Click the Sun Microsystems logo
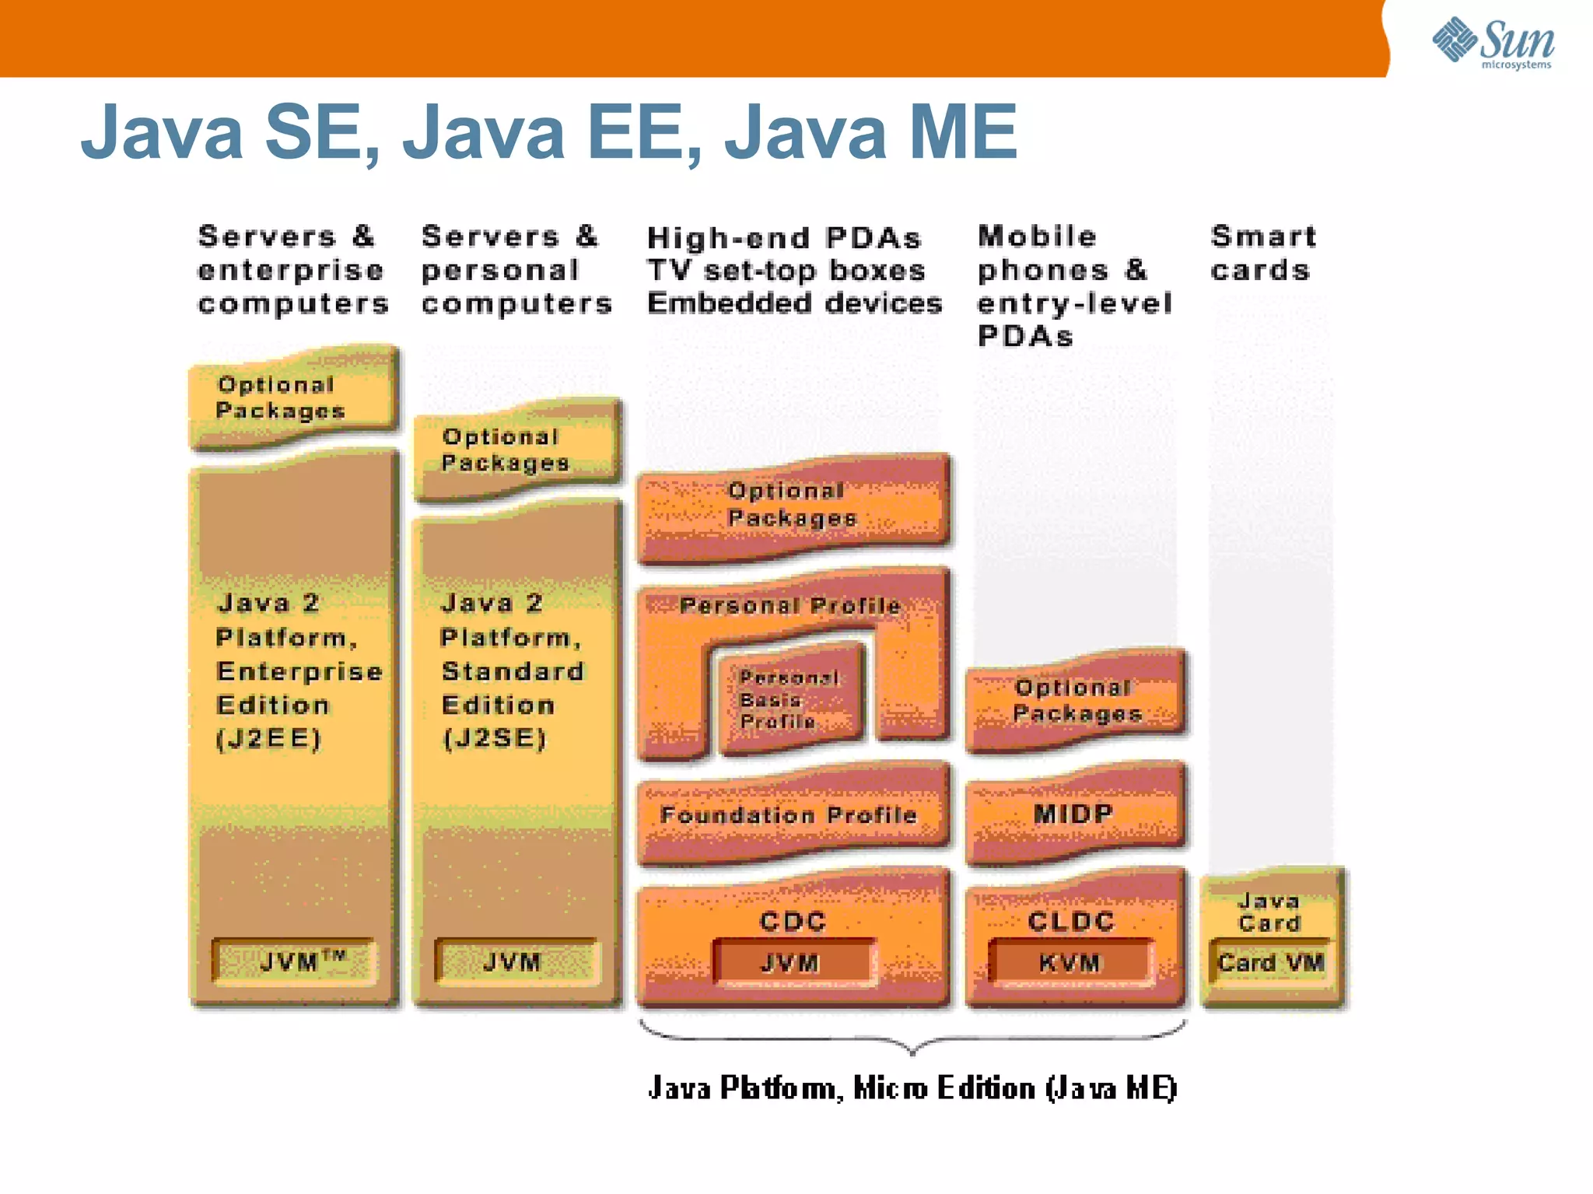1493,43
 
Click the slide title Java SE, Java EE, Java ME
548,131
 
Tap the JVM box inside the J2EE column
294,962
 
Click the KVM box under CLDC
1070,963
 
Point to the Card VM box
1271,963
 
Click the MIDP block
1074,814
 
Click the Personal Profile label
790,605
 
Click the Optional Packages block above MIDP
1076,700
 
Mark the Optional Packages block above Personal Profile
792,505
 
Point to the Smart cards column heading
1262,253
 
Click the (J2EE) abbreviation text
268,738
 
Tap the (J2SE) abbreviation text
494,738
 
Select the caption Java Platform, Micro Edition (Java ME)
912,1087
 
